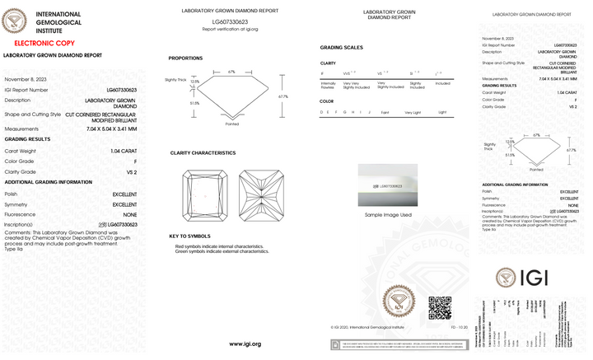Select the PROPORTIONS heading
(x=185, y=58)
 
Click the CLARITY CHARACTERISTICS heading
(x=203, y=153)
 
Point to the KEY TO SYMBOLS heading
(x=191, y=236)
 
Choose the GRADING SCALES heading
(x=341, y=47)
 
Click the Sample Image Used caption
(x=381, y=215)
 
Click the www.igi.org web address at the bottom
(x=245, y=344)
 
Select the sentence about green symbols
(x=222, y=251)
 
